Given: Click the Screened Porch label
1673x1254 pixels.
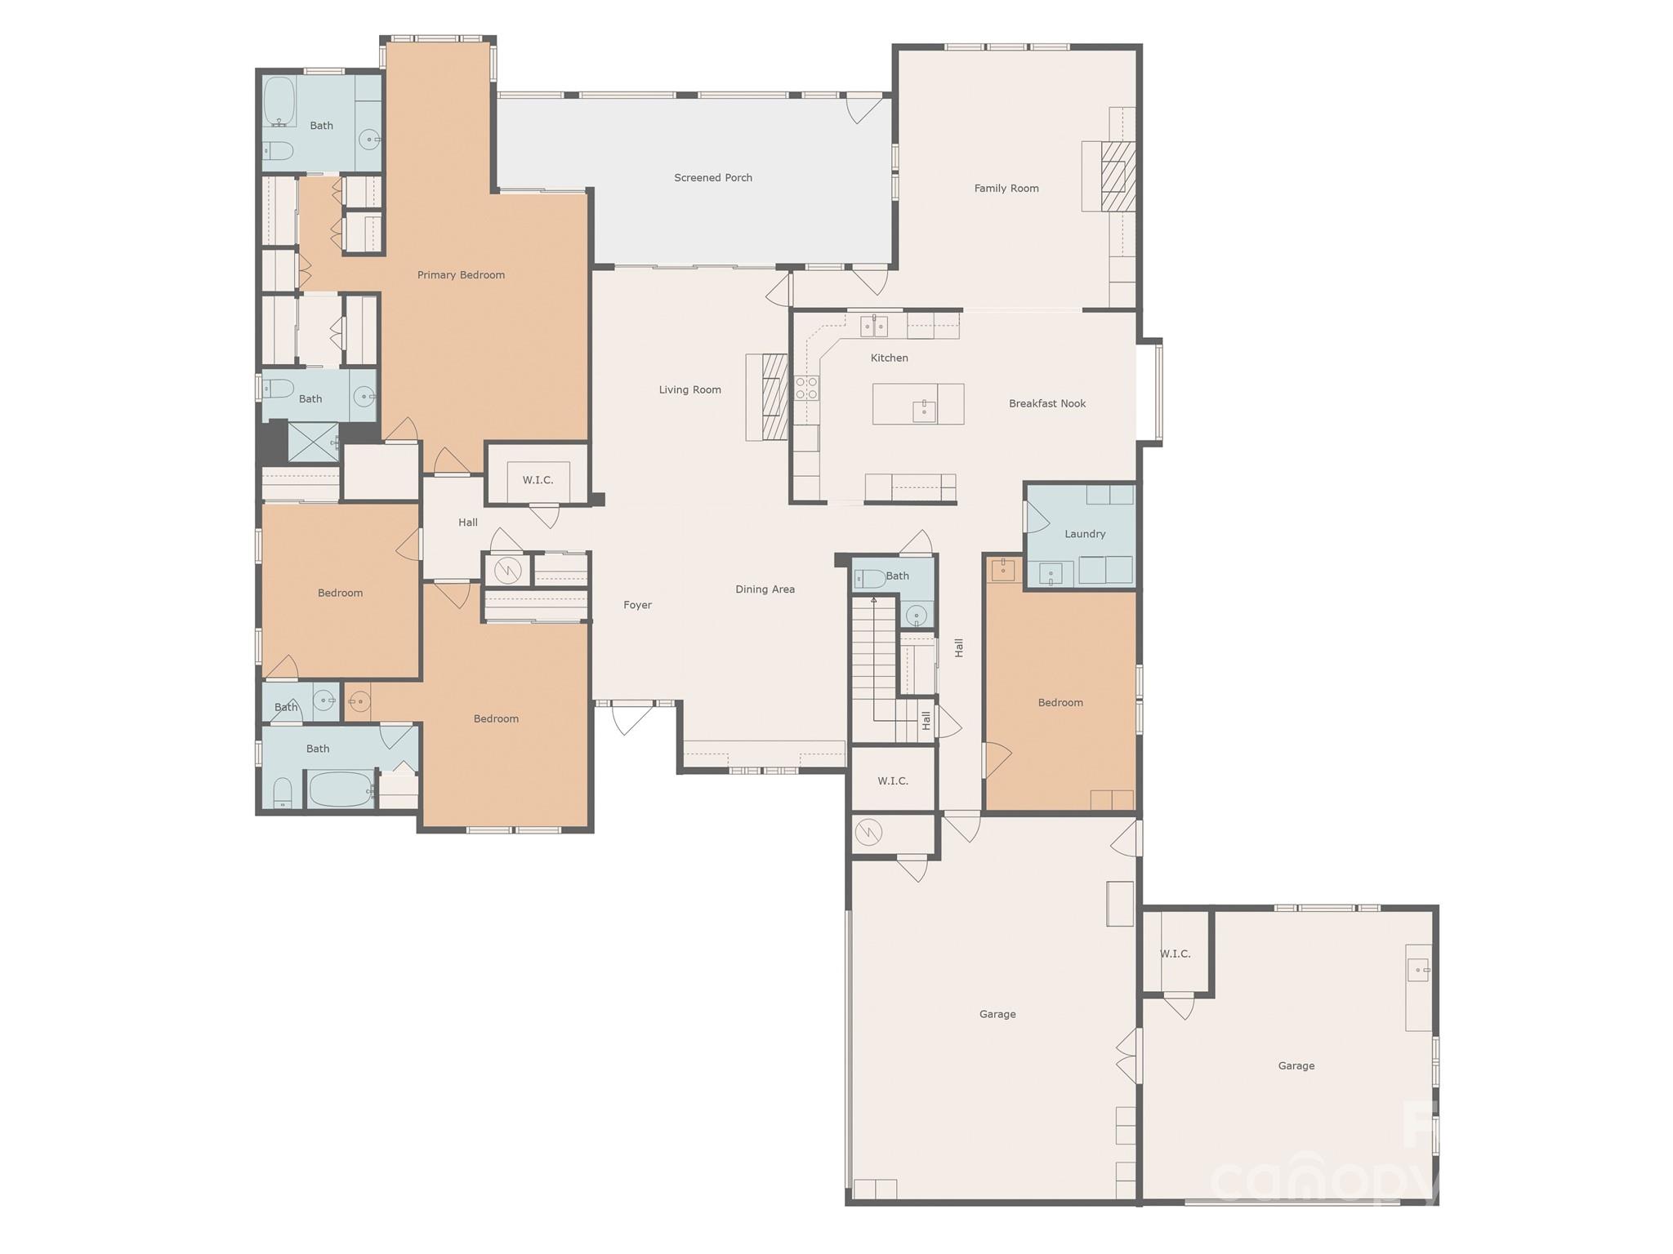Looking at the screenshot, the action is [713, 177].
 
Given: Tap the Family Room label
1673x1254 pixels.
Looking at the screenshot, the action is [1006, 188].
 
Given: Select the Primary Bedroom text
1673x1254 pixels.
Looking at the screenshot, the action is [461, 274].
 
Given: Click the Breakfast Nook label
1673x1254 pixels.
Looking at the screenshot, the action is [1047, 403].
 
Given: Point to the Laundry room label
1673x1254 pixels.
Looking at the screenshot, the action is [1085, 534].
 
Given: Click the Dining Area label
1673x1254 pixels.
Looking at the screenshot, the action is [765, 589].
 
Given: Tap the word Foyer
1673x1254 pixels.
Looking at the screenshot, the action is [637, 605].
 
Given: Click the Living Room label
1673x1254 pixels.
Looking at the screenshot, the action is [690, 389].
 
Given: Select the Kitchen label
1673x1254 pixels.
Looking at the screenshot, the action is [889, 358].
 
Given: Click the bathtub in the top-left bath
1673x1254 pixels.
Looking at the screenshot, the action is [279, 102].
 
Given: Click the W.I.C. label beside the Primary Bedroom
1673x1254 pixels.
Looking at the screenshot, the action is [538, 480].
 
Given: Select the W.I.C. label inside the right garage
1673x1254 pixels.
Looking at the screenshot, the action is [1175, 954].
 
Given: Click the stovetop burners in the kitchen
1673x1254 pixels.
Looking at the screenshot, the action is [807, 388].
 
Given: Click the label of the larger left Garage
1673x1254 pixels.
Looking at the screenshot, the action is [997, 1014].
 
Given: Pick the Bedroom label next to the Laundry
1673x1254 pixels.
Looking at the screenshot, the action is [1060, 702].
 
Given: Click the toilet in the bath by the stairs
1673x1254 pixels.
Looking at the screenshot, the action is [869, 579].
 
